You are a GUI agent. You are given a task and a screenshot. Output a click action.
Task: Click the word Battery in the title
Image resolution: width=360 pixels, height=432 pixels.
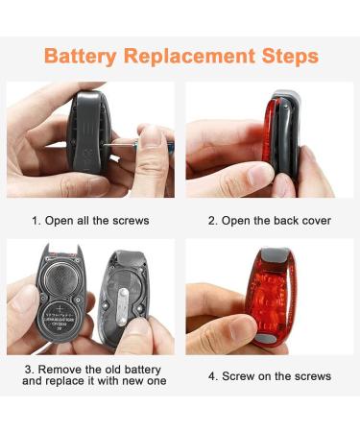point(80,56)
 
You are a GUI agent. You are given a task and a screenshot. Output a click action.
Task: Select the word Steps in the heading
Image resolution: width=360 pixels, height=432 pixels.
point(286,56)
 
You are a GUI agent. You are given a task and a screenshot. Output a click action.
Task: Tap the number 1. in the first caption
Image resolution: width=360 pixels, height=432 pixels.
point(36,221)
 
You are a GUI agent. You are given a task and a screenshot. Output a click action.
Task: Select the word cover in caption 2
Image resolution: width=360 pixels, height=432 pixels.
point(315,221)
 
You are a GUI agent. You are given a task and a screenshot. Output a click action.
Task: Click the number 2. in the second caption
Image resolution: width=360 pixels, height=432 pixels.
point(213,221)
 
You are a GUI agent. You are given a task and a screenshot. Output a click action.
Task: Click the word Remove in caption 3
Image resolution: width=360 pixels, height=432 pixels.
point(57,370)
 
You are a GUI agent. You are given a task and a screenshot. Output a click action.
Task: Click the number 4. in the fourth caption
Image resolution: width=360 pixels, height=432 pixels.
point(213,376)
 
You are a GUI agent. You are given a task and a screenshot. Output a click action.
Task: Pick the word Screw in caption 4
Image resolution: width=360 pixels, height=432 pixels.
point(241,376)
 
